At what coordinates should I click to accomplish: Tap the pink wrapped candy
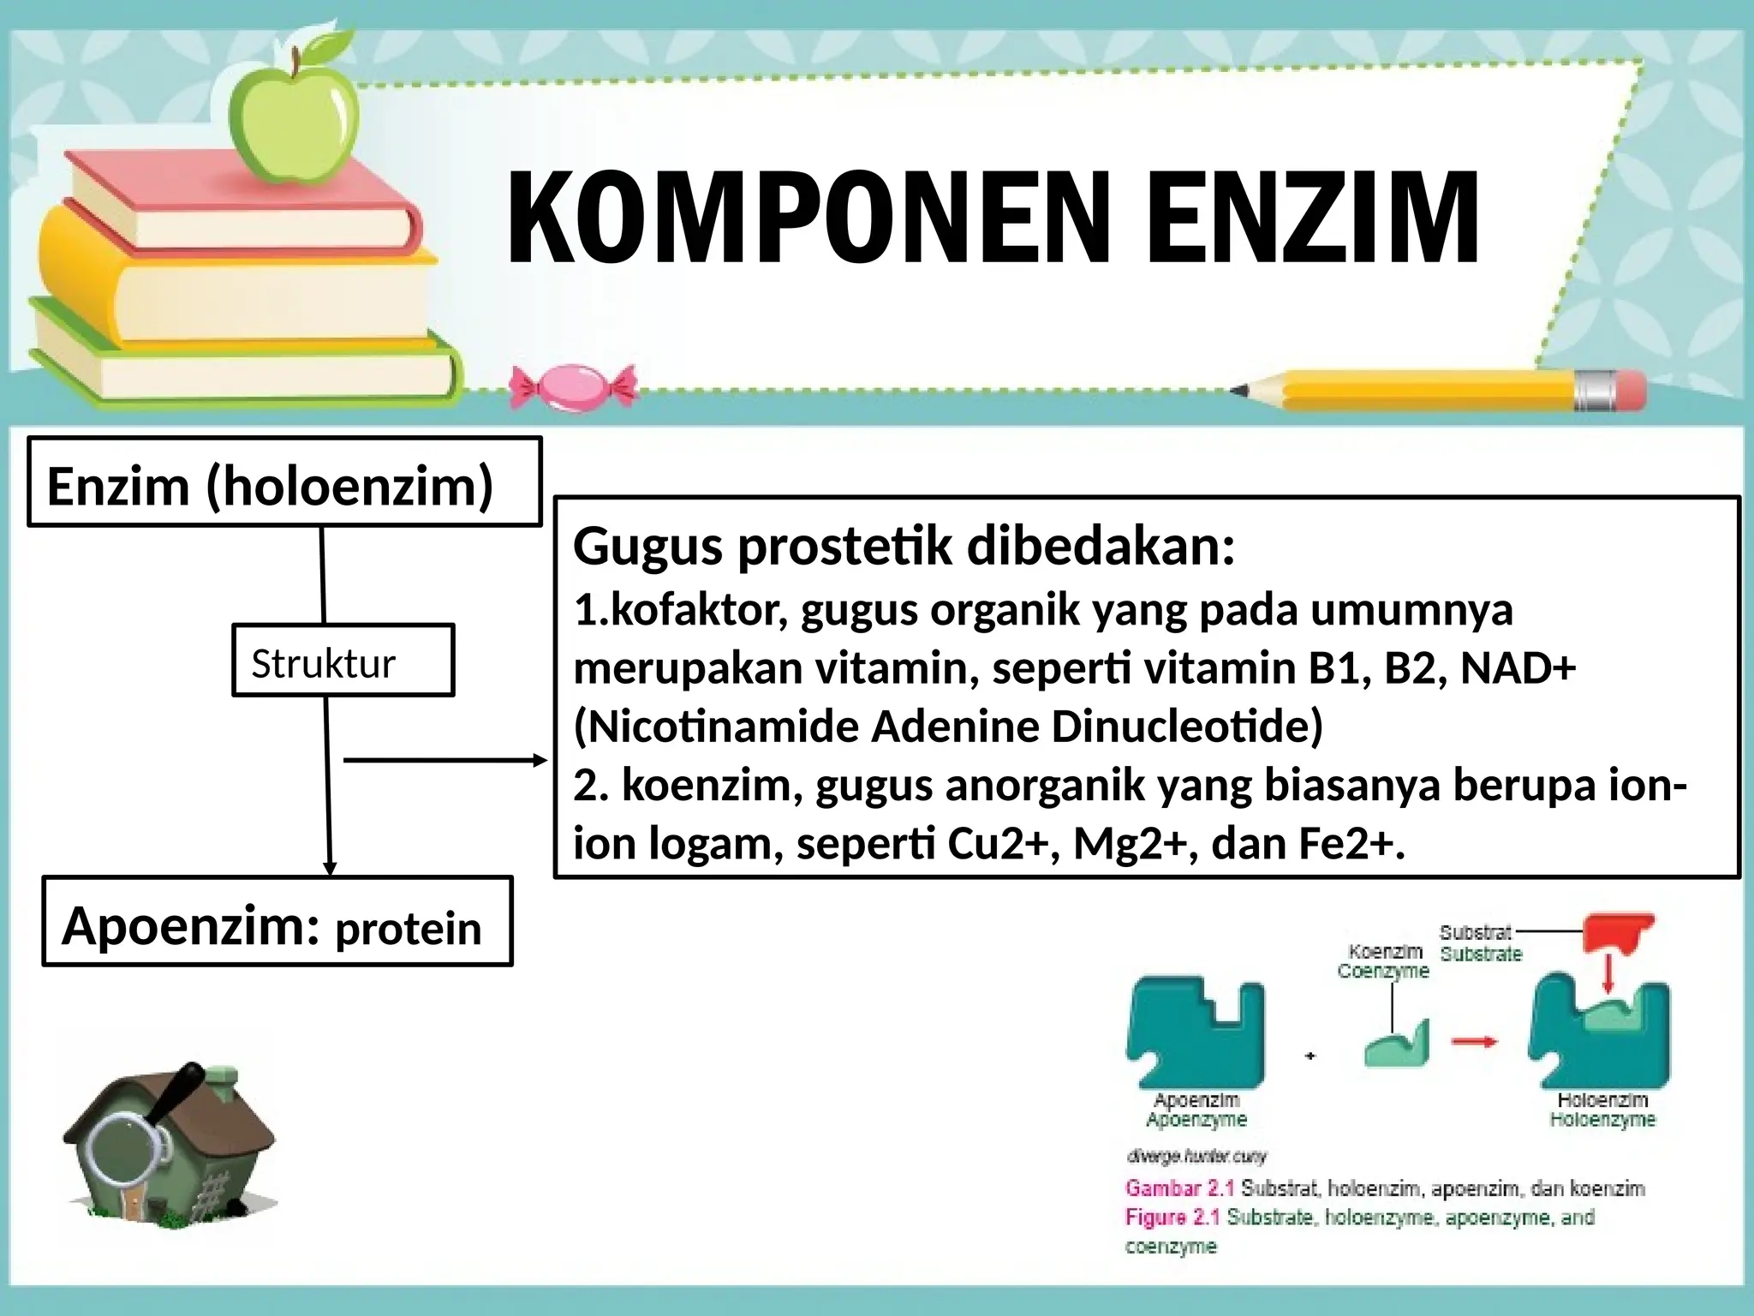tap(573, 388)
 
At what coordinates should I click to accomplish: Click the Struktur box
tap(343, 661)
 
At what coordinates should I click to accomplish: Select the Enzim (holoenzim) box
tap(284, 482)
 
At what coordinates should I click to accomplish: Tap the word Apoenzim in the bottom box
tap(191, 926)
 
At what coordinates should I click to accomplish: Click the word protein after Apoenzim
tap(408, 930)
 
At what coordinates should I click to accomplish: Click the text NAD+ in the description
tap(1518, 668)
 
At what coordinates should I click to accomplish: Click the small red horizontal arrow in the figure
tap(1474, 1042)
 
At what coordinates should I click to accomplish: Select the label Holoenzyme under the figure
tap(1602, 1120)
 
